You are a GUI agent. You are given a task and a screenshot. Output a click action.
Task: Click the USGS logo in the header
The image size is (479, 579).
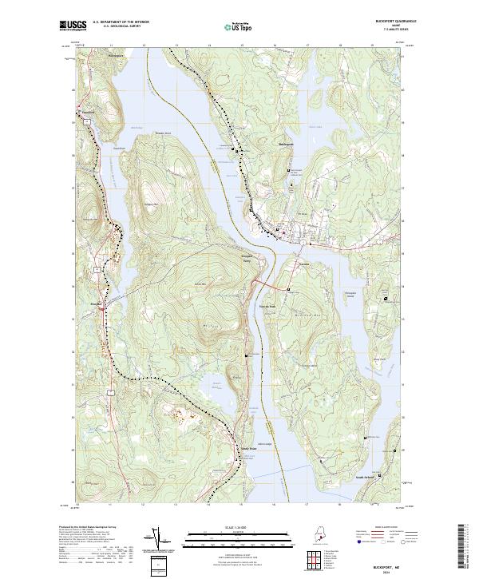[x=73, y=26]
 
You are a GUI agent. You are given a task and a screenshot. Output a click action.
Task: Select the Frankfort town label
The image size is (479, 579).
[x=88, y=113]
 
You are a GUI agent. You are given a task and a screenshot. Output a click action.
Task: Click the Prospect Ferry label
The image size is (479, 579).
[x=247, y=259]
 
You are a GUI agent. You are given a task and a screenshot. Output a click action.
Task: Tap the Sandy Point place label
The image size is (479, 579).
[x=247, y=448]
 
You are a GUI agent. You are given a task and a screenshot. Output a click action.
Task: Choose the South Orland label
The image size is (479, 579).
[x=366, y=478]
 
